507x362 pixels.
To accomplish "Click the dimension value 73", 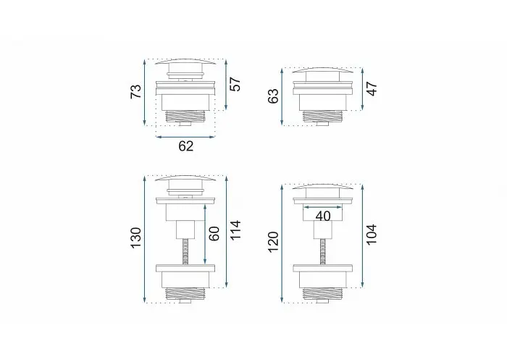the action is point(136,92).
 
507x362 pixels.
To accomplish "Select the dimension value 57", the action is point(235,85).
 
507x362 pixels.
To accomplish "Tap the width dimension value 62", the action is point(186,146).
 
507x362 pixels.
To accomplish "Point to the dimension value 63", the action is point(273,96).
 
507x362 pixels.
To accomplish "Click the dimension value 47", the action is point(372,89).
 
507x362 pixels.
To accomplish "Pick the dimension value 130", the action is point(136,238).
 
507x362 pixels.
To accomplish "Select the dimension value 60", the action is point(214,234).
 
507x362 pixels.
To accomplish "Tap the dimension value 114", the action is point(235,230).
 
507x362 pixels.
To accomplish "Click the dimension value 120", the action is point(273,242).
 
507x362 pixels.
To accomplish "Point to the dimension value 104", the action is point(372,235).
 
